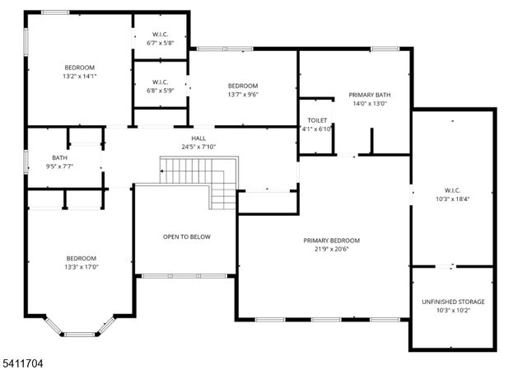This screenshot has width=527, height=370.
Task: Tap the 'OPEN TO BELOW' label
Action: [186, 237]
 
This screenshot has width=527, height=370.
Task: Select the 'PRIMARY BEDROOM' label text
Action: [337, 241]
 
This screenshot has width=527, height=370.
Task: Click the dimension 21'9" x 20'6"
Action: [337, 250]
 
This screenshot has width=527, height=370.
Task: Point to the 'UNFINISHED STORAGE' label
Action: [454, 302]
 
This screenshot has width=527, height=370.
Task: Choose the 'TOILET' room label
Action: [317, 119]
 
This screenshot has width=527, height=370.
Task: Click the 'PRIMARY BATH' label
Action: [370, 95]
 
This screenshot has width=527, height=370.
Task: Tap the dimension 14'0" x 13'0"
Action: [370, 104]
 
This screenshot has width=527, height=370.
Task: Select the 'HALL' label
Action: [198, 138]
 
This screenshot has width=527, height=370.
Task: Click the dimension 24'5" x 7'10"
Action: [198, 147]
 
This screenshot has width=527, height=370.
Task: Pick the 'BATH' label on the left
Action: [60, 157]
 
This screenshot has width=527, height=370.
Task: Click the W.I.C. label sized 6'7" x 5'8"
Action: [160, 34]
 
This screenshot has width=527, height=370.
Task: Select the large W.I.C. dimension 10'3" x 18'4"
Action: [452, 199]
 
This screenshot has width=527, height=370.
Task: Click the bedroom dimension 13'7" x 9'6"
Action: [243, 95]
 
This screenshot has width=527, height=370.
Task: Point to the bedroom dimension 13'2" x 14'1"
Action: [81, 76]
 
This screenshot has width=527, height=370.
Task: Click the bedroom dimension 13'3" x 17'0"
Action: [82, 266]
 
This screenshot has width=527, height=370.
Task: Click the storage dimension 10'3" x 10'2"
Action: [454, 311]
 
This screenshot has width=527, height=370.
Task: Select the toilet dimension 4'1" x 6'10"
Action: [317, 129]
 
